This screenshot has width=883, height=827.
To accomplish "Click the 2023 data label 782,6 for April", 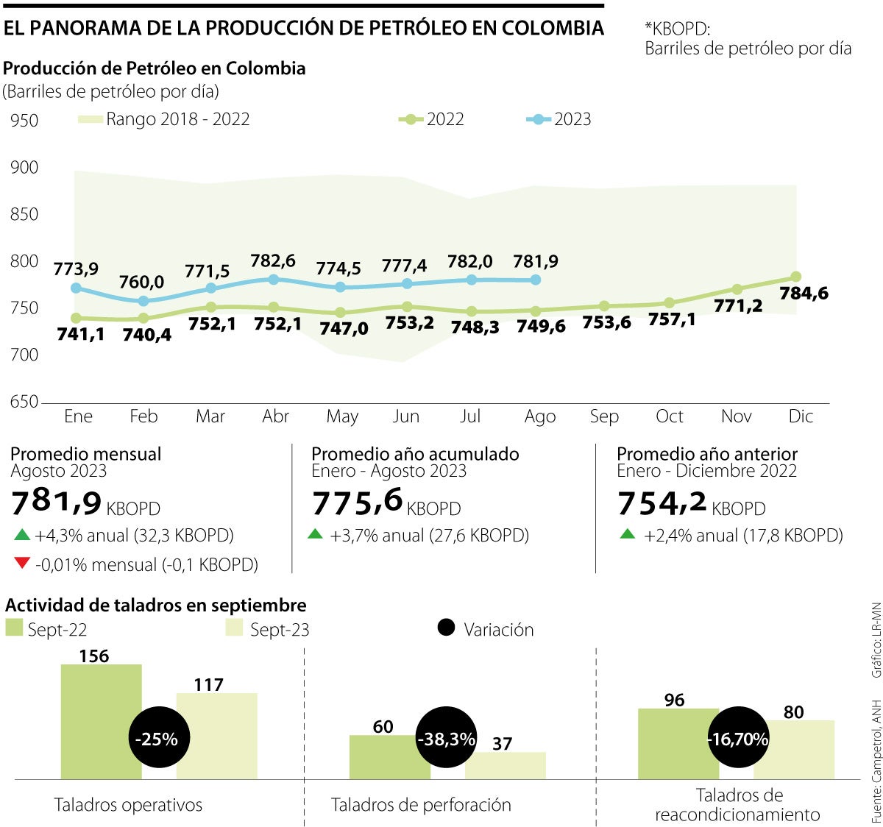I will pos(274,260).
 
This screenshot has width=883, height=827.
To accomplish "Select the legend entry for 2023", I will pos(559,120).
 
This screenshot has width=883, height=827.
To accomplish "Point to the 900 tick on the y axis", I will pos(24,168).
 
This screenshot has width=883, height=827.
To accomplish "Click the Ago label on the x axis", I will pos(539,416).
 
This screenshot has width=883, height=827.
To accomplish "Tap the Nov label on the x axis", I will pos(736,416).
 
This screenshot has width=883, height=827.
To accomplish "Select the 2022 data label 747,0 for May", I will pos(344,329).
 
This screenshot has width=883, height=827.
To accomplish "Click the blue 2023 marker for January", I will pos(76,288).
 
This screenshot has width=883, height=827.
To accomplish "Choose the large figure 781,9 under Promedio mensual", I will pos(57,503).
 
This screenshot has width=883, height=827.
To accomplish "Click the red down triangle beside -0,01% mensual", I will pos(21,564).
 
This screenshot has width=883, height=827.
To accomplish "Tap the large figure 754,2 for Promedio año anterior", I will pos(662,503).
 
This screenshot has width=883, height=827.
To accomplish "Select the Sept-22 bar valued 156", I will pos(101,721).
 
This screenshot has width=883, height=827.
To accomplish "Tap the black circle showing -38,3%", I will pos(446,739).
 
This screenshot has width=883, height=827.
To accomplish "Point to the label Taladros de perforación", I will pos(421,805).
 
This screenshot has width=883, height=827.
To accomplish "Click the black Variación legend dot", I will pos(446,628).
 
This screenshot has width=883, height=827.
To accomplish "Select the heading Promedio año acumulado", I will pos(415,454).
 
